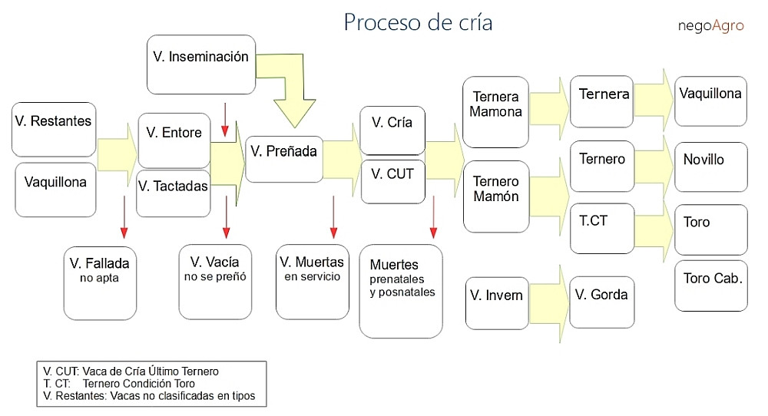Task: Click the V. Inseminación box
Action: [200, 65]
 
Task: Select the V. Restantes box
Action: [54, 129]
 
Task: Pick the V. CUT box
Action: [393, 181]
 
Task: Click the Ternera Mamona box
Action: [495, 112]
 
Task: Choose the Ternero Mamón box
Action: [496, 196]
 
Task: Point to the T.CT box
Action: [602, 228]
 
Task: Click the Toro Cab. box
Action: [711, 286]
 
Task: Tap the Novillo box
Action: [711, 167]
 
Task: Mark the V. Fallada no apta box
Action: [100, 282]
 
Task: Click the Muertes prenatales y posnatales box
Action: [401, 291]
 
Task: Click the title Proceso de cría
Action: [418, 22]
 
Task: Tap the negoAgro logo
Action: [710, 25]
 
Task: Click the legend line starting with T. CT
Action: [120, 384]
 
